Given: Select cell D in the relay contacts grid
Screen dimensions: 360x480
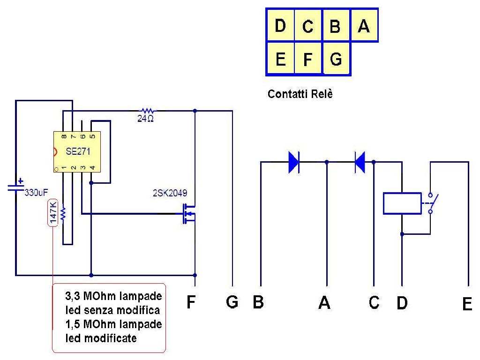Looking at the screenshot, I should (x=280, y=25).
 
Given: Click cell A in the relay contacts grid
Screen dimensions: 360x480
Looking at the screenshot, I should (x=364, y=25).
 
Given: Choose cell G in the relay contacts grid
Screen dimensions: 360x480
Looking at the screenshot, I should (x=336, y=59).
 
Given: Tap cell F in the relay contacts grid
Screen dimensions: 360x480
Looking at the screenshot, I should (x=308, y=59).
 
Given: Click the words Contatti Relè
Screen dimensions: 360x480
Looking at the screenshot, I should (x=300, y=94).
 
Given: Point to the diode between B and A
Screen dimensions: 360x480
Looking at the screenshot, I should (x=294, y=162).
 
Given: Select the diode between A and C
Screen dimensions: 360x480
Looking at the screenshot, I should (x=360, y=162).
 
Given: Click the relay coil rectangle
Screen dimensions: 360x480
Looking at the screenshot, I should (x=402, y=203).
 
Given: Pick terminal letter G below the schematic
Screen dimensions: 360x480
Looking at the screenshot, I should (x=232, y=302).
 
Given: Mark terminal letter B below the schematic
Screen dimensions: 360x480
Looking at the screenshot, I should (x=258, y=302).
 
